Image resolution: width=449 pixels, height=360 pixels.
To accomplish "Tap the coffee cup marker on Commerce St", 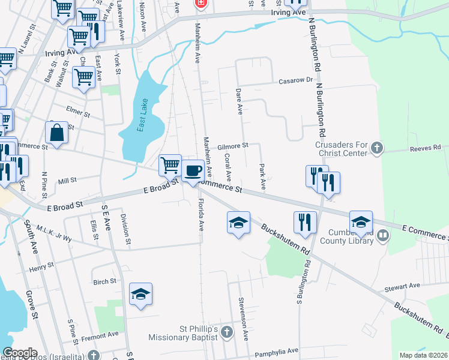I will pos(193,171).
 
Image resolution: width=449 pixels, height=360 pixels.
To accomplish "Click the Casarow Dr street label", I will pos(297,80).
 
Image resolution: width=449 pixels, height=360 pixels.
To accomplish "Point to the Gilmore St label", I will pos(233,146).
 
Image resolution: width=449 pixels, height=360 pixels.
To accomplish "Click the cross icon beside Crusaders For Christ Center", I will pos(376,148).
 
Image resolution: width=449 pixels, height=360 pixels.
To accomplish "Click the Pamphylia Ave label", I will pos(276,350).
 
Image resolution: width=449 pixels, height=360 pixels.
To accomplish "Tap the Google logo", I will pos(20,352).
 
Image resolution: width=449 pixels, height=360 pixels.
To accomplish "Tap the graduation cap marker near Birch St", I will pos(141,294).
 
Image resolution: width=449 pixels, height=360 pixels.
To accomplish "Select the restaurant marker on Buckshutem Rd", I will pos(305,221).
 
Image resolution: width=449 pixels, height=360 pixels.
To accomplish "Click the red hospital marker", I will pos(200,4).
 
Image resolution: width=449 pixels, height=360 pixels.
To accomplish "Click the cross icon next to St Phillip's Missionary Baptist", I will pos(226,332).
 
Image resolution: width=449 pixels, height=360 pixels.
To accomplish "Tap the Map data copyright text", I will pos(424,355).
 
